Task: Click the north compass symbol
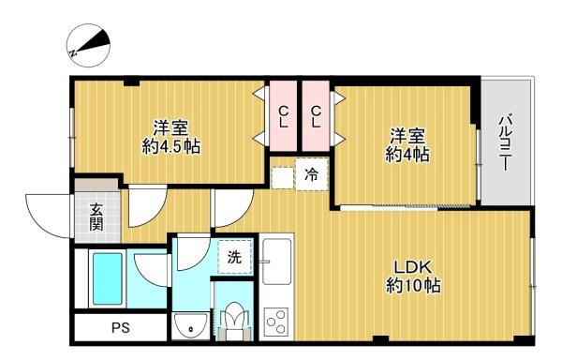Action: (89, 45)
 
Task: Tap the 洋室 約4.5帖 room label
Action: (171, 137)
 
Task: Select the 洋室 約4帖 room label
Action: (407, 145)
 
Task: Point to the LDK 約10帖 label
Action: (413, 277)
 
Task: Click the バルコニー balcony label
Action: (506, 142)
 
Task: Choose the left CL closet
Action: (283, 116)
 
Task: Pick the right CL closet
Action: (316, 116)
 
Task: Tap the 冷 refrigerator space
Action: (312, 174)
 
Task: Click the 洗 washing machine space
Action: (235, 257)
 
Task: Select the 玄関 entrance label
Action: (96, 217)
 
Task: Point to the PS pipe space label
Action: (121, 328)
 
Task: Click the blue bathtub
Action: (108, 278)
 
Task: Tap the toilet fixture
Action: (235, 321)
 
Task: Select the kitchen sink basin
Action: (276, 261)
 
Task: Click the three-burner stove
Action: (276, 322)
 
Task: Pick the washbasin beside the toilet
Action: (190, 326)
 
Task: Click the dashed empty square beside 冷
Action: (283, 178)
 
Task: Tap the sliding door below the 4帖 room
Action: (405, 207)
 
